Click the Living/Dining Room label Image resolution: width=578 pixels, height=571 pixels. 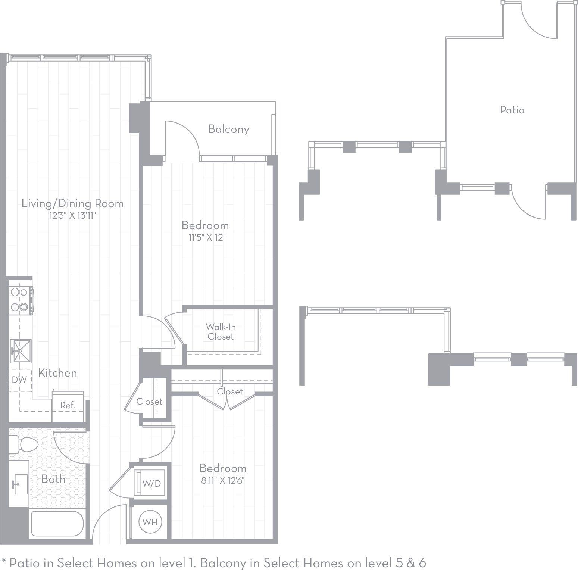[72, 203]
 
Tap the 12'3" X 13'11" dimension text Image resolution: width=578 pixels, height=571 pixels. [72, 216]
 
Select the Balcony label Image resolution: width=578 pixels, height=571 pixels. [228, 129]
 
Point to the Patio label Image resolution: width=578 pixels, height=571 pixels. [512, 110]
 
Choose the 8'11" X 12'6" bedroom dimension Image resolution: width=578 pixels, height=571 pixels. [223, 481]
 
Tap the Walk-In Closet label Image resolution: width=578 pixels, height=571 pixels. [221, 332]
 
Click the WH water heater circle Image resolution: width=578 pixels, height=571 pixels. [150, 522]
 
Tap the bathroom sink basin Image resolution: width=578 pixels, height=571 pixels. [20, 484]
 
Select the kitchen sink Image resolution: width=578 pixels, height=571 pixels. [20, 351]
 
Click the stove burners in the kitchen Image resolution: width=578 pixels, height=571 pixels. [20, 299]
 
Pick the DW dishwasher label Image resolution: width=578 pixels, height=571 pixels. [19, 380]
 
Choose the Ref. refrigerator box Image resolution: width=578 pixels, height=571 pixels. [68, 405]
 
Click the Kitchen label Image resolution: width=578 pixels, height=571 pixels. [58, 373]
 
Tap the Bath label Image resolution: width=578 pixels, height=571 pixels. [53, 479]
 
